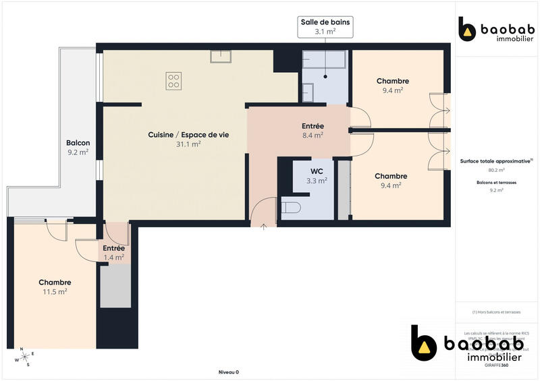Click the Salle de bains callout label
pyautogui.click(x=325, y=26)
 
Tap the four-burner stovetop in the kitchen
pyautogui.click(x=173, y=81)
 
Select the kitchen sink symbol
pyautogui.click(x=221, y=56)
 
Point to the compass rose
pyautogui.click(x=25, y=357)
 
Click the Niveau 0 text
pyautogui.click(x=229, y=372)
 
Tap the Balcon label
pyautogui.click(x=78, y=143)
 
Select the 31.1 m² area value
pyautogui.click(x=188, y=144)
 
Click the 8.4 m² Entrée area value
pyautogui.click(x=313, y=135)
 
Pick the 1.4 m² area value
pyautogui.click(x=113, y=257)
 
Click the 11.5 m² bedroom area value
pyautogui.click(x=55, y=291)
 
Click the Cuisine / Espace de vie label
pyautogui.click(x=188, y=135)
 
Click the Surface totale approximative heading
pyautogui.click(x=496, y=161)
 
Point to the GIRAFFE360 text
pyautogui.click(x=495, y=365)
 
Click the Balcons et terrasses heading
pyautogui.click(x=496, y=183)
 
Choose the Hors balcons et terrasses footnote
pyautogui.click(x=496, y=312)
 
